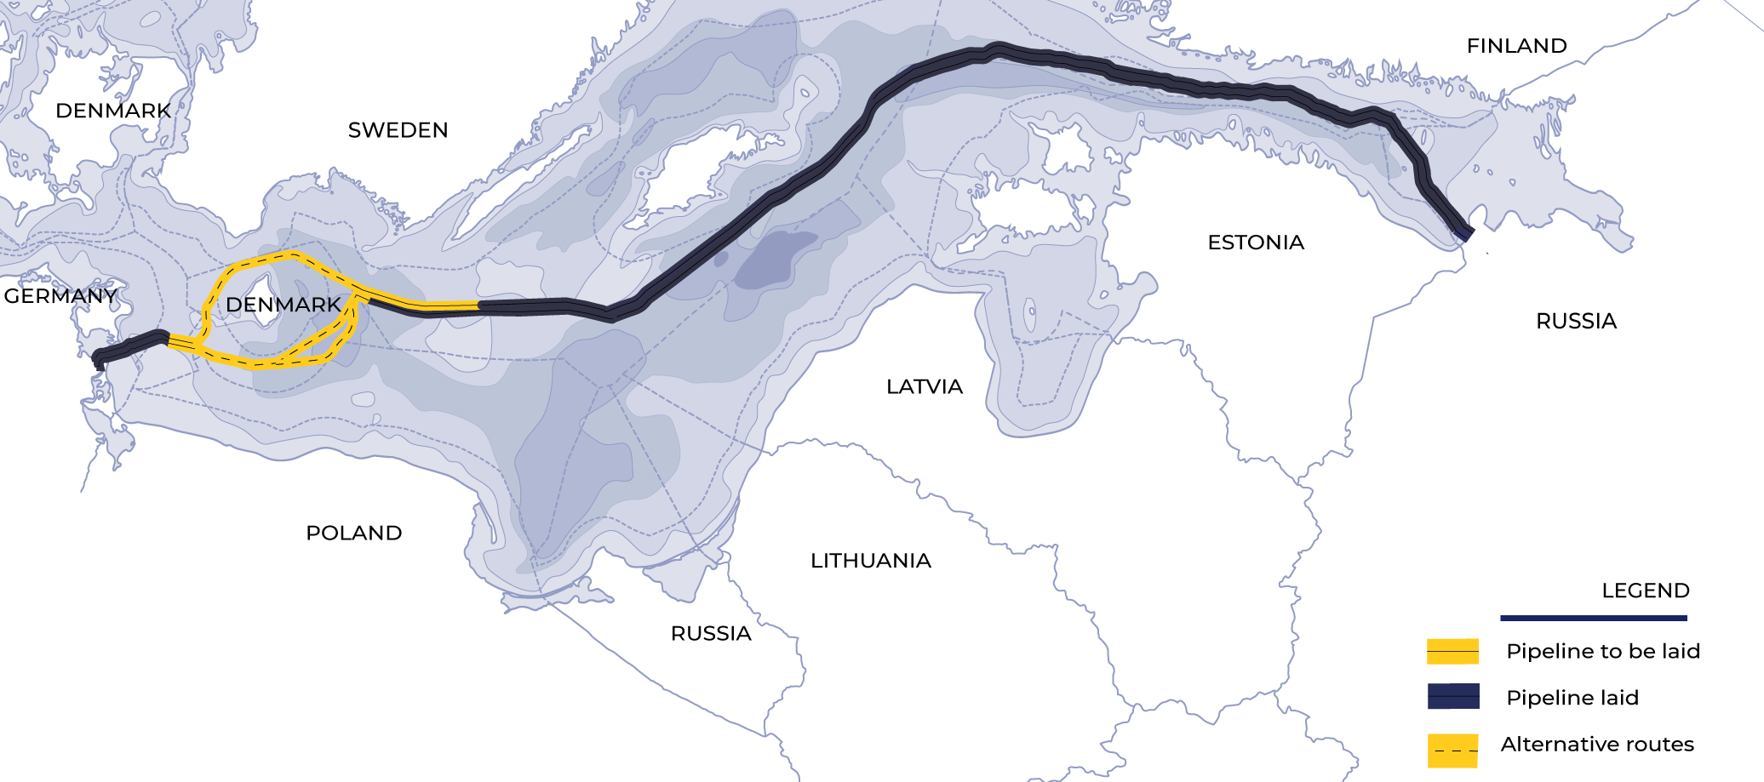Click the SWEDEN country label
(x=398, y=130)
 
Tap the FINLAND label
(x=1516, y=46)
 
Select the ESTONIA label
(x=1256, y=243)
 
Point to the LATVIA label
(x=924, y=387)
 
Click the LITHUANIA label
(x=870, y=561)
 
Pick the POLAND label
(x=353, y=534)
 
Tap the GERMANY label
(x=60, y=296)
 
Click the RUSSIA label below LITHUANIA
(x=711, y=634)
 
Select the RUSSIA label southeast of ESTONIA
(x=1576, y=322)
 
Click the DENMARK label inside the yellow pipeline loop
(x=283, y=305)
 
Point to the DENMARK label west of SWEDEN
(x=113, y=111)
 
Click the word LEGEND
(x=1645, y=591)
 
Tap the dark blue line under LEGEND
(x=1593, y=618)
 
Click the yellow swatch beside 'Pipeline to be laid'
(x=1452, y=652)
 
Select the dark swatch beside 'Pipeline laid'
(x=1452, y=696)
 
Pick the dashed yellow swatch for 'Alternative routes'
(x=1452, y=750)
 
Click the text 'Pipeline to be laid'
(x=1602, y=652)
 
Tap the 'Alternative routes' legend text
(x=1597, y=745)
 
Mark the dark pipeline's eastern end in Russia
(x=1464, y=231)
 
